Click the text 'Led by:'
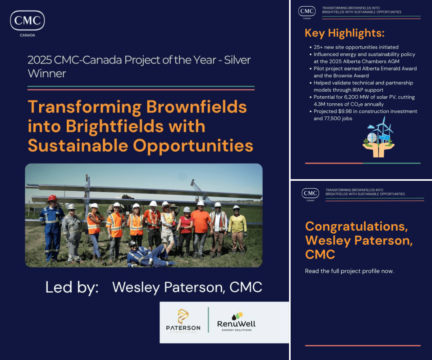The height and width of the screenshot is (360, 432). coord(72,287)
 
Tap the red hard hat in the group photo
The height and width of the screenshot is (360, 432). coord(52,198)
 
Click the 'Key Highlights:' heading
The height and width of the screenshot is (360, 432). coord(344,33)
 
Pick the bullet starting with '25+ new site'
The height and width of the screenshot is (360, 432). coord(356,47)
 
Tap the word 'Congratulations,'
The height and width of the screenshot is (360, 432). coord(356,226)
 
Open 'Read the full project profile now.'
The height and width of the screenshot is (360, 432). coord(349,271)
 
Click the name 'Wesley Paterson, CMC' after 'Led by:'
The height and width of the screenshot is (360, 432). coord(187,287)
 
